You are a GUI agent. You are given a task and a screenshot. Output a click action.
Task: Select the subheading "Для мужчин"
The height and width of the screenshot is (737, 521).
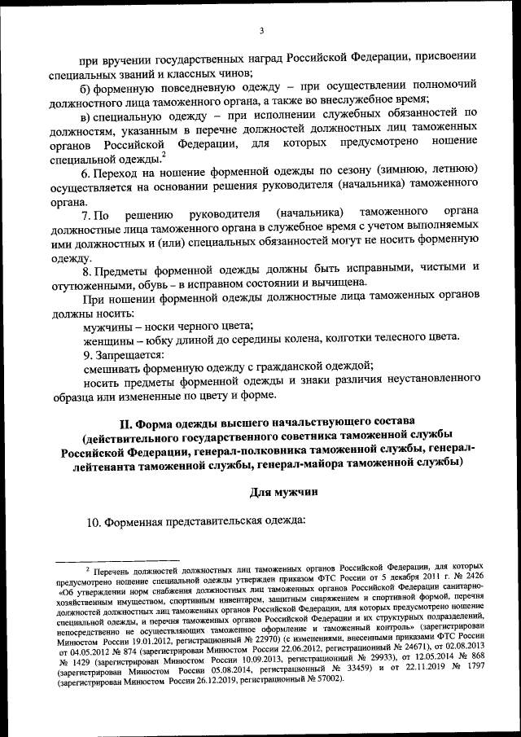click(x=282, y=491)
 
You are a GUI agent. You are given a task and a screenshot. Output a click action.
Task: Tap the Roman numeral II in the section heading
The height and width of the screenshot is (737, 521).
click(x=126, y=423)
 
